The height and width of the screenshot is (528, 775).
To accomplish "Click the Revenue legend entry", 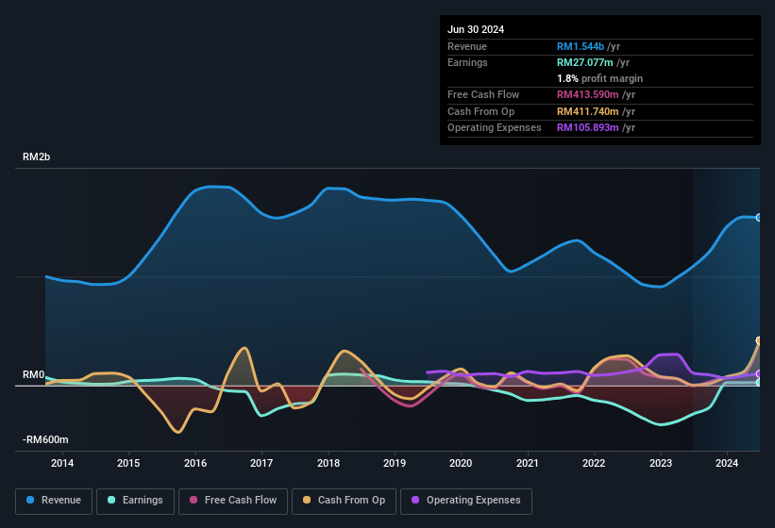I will pyautogui.click(x=53, y=501).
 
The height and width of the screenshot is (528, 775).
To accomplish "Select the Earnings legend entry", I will pyautogui.click(x=135, y=501).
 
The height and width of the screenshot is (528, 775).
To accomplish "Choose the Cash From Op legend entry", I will pyautogui.click(x=345, y=501).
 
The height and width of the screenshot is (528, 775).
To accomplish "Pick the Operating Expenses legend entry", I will pyautogui.click(x=466, y=501).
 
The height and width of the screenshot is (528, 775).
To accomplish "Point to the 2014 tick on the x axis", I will pyautogui.click(x=62, y=463).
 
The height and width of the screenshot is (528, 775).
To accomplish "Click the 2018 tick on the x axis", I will pyautogui.click(x=329, y=463).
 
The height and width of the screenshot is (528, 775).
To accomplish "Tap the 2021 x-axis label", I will pyautogui.click(x=528, y=463).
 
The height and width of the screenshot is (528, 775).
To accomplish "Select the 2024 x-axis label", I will pyautogui.click(x=727, y=463).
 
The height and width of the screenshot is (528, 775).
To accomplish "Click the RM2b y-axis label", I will pyautogui.click(x=36, y=157).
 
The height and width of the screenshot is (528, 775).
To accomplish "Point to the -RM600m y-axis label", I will pyautogui.click(x=44, y=439).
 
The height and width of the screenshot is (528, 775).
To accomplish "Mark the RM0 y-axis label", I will pyautogui.click(x=33, y=375).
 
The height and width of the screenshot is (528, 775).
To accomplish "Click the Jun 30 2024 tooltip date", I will pyautogui.click(x=476, y=29).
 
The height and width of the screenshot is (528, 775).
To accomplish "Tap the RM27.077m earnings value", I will pyautogui.click(x=588, y=62).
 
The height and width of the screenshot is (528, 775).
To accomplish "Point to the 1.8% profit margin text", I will pyautogui.click(x=599, y=78).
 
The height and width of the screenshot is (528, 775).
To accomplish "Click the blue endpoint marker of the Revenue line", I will pyautogui.click(x=759, y=218).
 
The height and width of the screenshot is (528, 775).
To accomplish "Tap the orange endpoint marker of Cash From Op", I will pyautogui.click(x=759, y=340).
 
